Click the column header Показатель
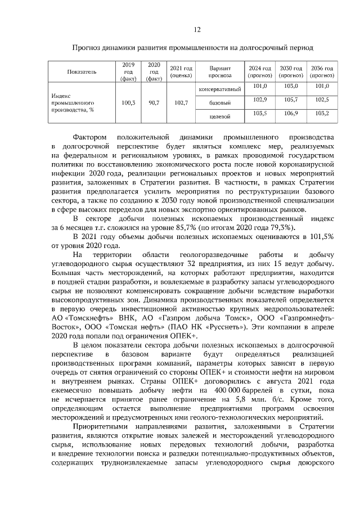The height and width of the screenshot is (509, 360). pyautogui.click(x=82, y=72)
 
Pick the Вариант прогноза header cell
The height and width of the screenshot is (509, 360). pyautogui.click(x=220, y=72)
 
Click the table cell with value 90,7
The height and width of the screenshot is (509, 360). pyautogui.click(x=154, y=103)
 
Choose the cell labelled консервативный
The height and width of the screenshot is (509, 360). pyautogui.click(x=220, y=89)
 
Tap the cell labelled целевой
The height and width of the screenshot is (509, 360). pyautogui.click(x=220, y=117)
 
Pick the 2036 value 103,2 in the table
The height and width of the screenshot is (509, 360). pyautogui.click(x=322, y=114)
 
